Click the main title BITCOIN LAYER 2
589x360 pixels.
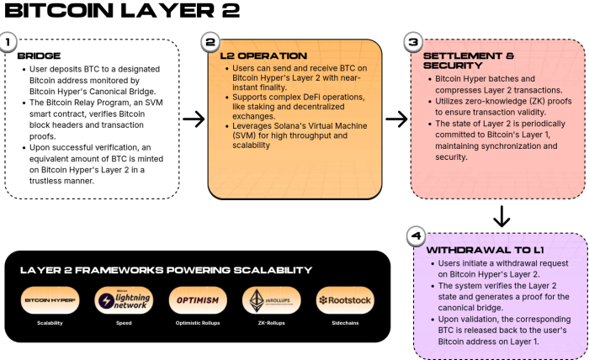pyautogui.click(x=122, y=12)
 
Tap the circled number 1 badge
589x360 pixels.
pyautogui.click(x=8, y=42)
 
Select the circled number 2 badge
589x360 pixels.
pyautogui.click(x=210, y=43)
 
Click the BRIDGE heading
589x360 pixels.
pyautogui.click(x=39, y=56)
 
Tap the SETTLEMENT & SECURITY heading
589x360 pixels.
pyautogui.click(x=461, y=61)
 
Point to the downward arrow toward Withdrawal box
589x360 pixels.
pyautogui.click(x=501, y=216)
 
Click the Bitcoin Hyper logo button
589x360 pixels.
pyautogui.click(x=50, y=299)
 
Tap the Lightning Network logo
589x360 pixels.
pyautogui.click(x=124, y=299)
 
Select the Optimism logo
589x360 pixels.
pyautogui.click(x=198, y=299)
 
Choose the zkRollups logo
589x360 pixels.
pyautogui.click(x=271, y=299)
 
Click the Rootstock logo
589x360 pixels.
pyautogui.click(x=345, y=299)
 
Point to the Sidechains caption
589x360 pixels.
pyautogui.click(x=345, y=322)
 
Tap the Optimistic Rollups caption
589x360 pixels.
pyautogui.click(x=198, y=322)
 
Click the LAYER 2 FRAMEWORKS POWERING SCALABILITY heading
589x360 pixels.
pyautogui.click(x=166, y=270)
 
